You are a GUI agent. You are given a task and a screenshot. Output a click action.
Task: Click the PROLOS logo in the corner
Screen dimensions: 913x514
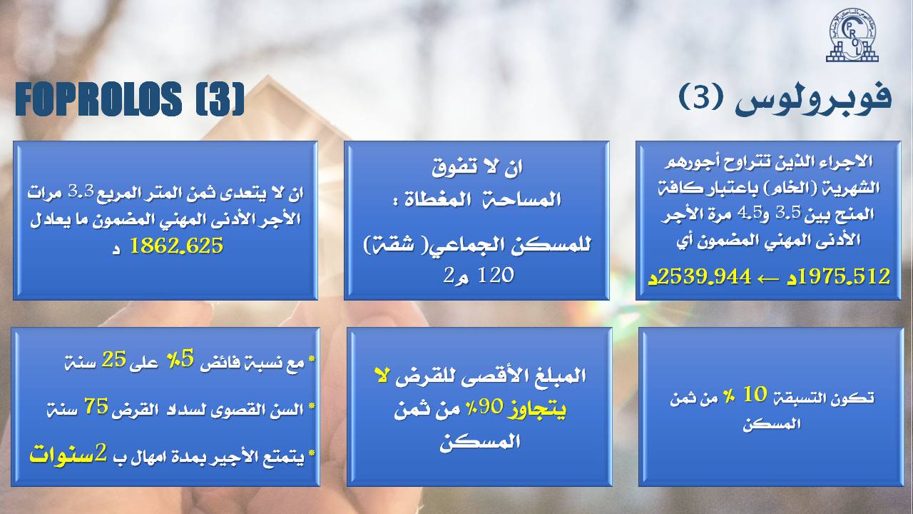pos(852,36)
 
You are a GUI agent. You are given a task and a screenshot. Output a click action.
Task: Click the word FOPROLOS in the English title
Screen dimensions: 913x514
pos(98,99)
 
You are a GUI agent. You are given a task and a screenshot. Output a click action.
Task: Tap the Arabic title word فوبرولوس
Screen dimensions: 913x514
pos(813,99)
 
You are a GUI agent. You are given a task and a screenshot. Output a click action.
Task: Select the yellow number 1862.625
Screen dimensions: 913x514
pos(176,246)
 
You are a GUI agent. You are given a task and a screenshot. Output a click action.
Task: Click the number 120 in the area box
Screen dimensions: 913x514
pos(495,276)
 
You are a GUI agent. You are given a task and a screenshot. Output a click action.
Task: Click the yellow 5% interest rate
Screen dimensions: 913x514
pos(181,359)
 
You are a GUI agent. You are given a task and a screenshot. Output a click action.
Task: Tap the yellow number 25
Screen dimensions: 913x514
pos(113,359)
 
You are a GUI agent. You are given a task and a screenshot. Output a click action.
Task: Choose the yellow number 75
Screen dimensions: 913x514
pos(96,406)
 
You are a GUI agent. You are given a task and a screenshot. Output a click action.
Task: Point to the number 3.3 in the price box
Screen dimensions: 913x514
pos(81,190)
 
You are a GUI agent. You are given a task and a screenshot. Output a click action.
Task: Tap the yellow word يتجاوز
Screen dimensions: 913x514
pos(537,408)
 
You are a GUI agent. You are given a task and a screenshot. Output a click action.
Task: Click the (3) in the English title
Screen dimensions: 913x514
pos(220,99)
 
